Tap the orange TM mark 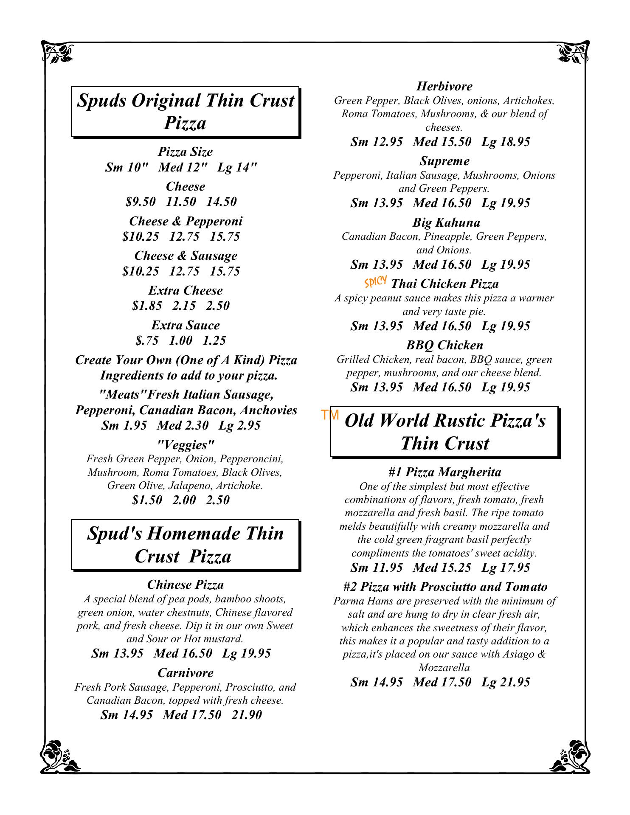tap(330, 415)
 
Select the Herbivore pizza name tap(444, 87)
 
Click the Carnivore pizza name tap(186, 673)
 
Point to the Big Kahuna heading tap(446, 222)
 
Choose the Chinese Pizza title tap(186, 585)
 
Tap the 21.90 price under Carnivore tap(247, 715)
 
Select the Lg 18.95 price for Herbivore tap(506, 142)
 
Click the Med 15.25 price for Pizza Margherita tap(442, 568)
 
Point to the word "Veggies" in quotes tap(186, 445)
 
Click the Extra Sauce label tap(186, 325)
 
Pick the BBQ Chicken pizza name tap(444, 345)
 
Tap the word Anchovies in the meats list tap(268, 410)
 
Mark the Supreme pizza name tap(444, 161)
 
